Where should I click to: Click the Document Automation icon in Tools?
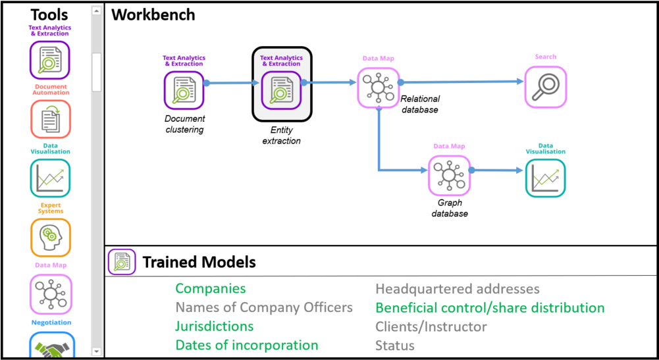51,119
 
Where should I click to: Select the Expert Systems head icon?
51,238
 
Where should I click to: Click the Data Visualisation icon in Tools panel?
51,178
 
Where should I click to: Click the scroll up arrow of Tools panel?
97,11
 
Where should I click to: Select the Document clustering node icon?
184,90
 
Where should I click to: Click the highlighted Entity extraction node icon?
282,90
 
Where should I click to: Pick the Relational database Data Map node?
378,88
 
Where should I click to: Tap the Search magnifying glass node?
546,87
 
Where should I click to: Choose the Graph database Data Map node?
449,176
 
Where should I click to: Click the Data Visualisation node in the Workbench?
546,178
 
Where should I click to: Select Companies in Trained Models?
211,288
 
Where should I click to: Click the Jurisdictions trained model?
215,326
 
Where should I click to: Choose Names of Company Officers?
264,307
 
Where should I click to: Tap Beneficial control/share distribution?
490,308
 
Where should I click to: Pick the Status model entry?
394,346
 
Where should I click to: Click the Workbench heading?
153,15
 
